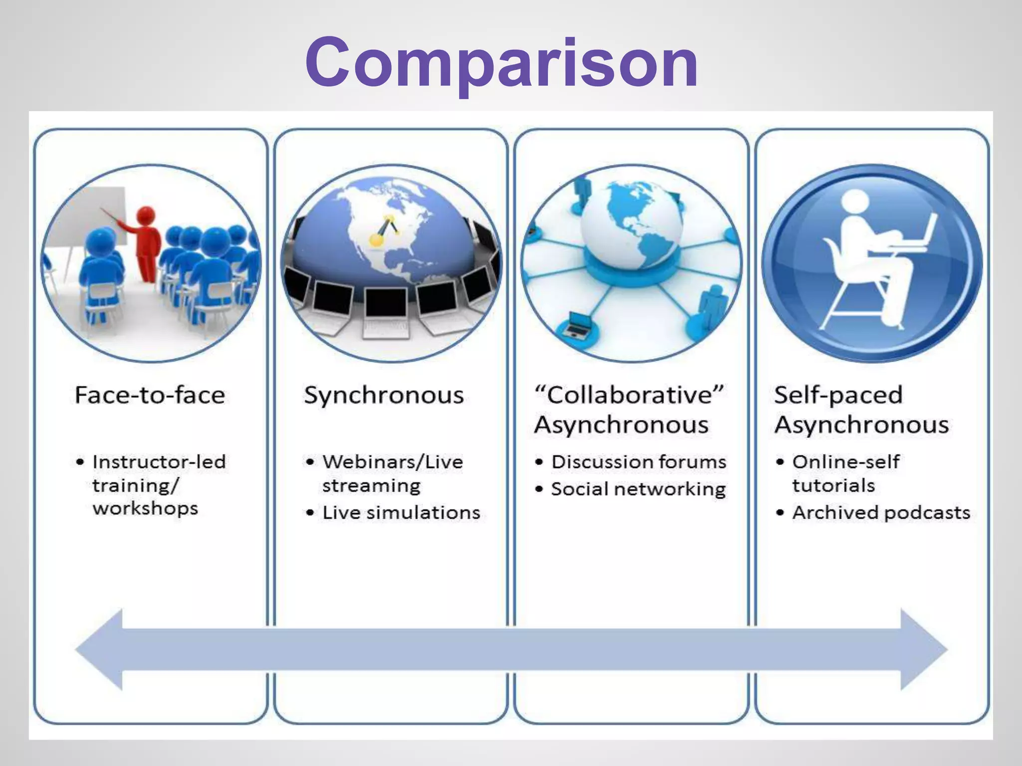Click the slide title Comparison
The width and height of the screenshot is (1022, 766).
tap(502, 63)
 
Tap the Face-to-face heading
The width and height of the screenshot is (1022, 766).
tap(150, 395)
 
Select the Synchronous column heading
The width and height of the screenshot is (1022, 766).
tap(384, 395)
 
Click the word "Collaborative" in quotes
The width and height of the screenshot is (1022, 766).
tap(629, 395)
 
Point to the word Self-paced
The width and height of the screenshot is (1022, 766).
tap(838, 395)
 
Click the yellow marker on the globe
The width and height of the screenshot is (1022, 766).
tap(375, 241)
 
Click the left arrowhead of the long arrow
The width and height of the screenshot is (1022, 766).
tap(100, 649)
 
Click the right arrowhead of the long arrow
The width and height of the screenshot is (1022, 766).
tap(923, 649)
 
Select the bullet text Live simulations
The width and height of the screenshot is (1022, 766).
tap(401, 513)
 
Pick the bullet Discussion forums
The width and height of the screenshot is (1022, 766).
tap(639, 462)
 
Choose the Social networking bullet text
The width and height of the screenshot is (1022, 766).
tap(638, 489)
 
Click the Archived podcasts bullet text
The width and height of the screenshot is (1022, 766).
tap(881, 513)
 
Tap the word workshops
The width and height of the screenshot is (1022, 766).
tap(145, 509)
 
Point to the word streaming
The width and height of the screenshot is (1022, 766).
tap(371, 486)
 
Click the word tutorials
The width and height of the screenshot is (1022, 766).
tap(833, 485)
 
